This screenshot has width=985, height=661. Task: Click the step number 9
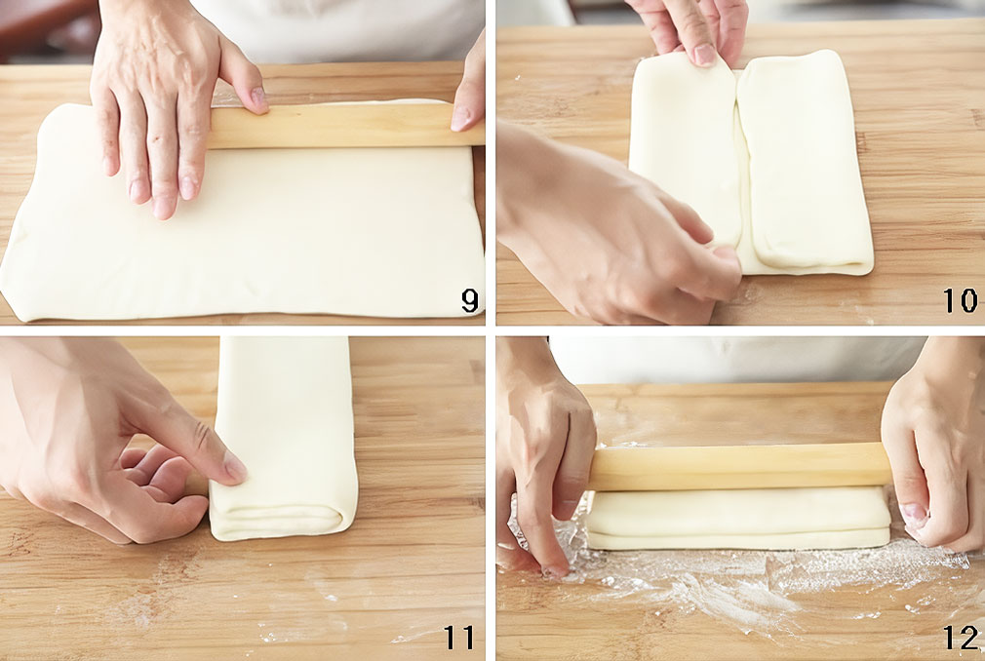pyautogui.click(x=469, y=300)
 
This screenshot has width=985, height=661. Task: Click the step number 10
pyautogui.click(x=961, y=300)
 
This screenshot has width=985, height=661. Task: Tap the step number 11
pyautogui.click(x=459, y=638)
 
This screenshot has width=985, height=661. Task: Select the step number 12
pyautogui.click(x=962, y=638)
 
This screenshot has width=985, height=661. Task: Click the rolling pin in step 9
pyautogui.click(x=342, y=126)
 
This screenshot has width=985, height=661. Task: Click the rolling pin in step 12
pyautogui.click(x=739, y=466)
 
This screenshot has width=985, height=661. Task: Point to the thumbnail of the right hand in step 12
pyautogui.click(x=913, y=515)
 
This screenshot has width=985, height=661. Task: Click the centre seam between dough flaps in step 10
pyautogui.click(x=741, y=163)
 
